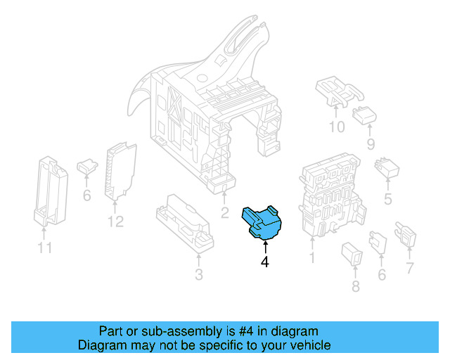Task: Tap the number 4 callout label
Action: tap(265, 262)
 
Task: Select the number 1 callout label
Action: tap(312, 258)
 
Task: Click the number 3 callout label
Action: tap(198, 274)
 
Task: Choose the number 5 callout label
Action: tap(387, 200)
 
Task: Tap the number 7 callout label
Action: tap(410, 268)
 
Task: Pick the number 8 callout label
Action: tap(354, 286)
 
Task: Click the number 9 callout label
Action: tap(371, 145)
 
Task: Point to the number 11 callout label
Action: tap(44, 248)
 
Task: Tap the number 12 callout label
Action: tap(115, 222)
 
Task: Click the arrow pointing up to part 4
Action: tap(265, 247)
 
